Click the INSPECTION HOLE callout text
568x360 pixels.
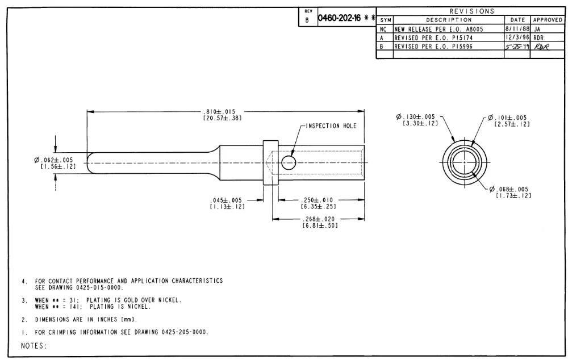(331, 126)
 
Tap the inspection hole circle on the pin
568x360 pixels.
(289, 163)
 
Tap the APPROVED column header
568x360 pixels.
(548, 19)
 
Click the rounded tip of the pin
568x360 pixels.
(90, 163)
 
